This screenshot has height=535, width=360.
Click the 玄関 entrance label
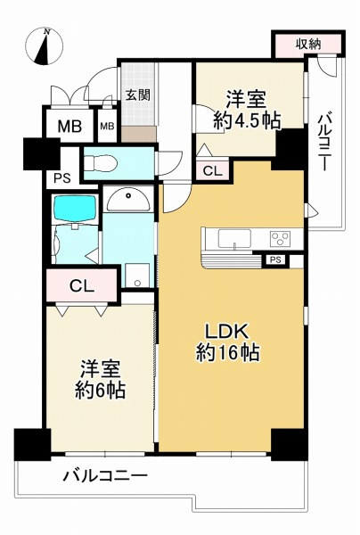tap(136, 95)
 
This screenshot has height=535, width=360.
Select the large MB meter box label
tap(70, 127)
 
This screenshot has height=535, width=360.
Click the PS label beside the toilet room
tap(61, 177)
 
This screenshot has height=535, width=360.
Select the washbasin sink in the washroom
tap(129, 200)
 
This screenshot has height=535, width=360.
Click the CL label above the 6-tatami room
tap(80, 286)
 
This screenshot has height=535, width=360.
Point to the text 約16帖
tap(227, 352)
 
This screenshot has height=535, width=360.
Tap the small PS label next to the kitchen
tap(275, 259)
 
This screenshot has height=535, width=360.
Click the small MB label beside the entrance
tap(107, 127)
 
